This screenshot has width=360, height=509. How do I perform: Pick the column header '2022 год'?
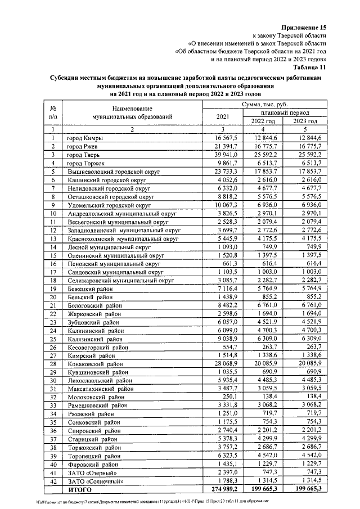pyautogui.click(x=262, y=121)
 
